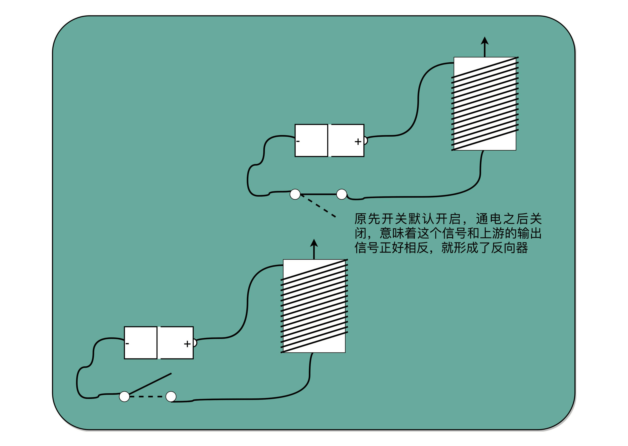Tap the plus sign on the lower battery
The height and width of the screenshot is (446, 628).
click(187, 344)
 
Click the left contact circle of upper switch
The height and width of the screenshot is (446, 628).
click(295, 194)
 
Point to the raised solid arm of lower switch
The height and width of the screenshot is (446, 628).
click(150, 384)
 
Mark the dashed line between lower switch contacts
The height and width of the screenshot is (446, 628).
click(147, 397)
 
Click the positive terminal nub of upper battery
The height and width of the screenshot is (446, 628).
click(366, 141)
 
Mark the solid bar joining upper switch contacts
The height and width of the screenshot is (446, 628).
click(318, 194)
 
